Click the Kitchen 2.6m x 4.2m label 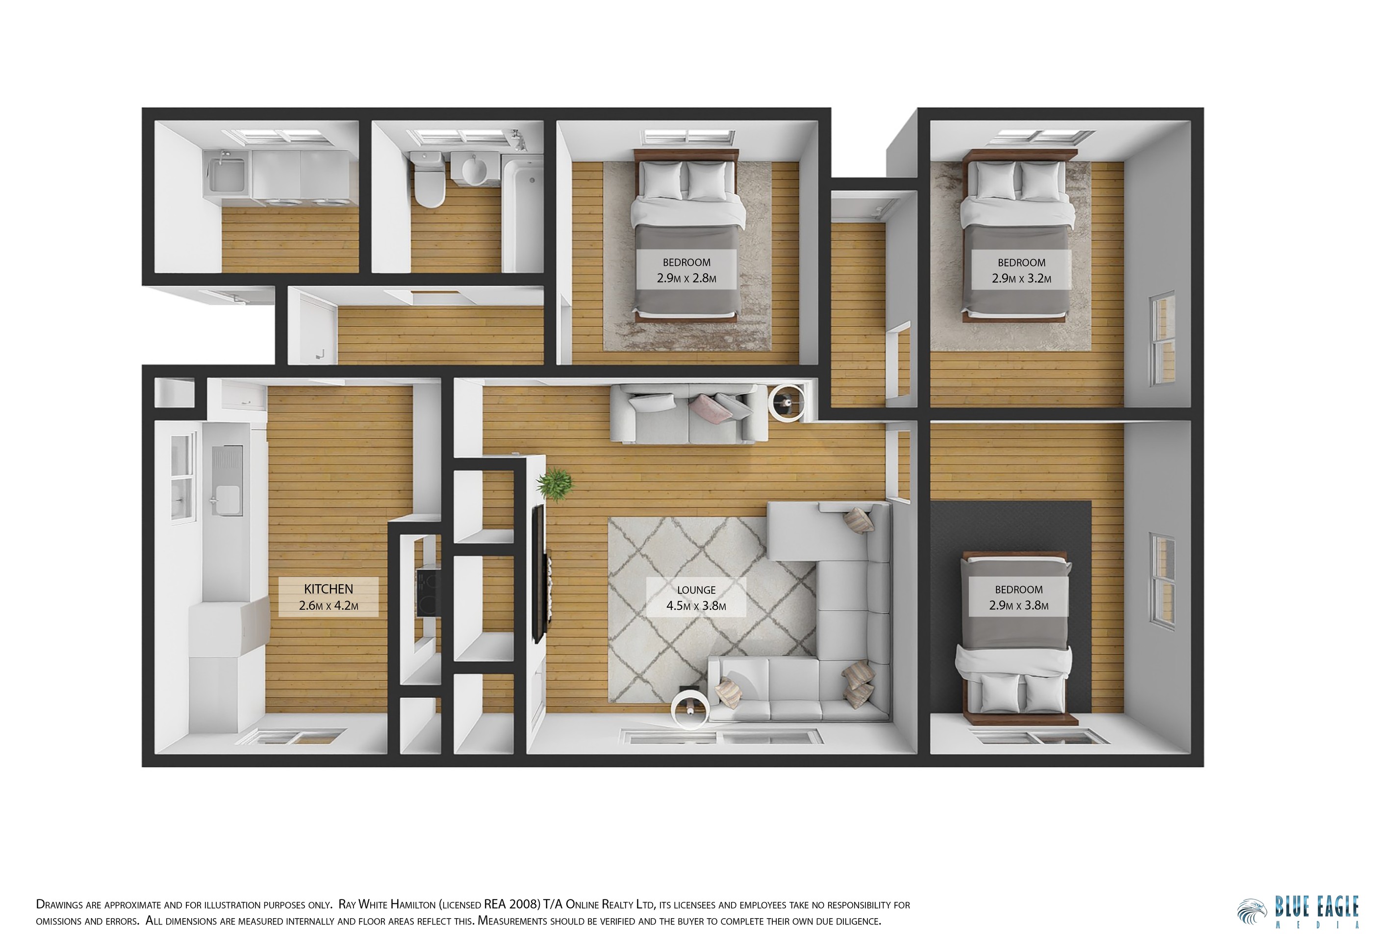click(329, 596)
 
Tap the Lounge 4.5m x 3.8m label click(696, 598)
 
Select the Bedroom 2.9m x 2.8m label click(686, 270)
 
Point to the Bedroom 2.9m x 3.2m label click(1021, 270)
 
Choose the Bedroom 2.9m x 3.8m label click(1018, 597)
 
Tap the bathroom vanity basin click(473, 171)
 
